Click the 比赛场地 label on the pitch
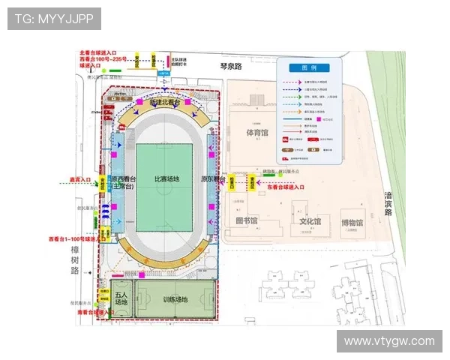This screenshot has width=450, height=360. click(166, 179)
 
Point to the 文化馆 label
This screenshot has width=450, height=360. click(310, 222)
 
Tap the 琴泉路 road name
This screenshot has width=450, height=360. click(232, 66)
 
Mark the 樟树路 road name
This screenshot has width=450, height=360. click(73, 259)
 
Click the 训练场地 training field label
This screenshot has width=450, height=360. click(175, 300)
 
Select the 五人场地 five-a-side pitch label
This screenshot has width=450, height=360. click(121, 298)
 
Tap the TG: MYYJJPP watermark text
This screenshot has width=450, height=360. click(54, 18)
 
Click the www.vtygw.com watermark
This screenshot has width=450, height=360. click(389, 341)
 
